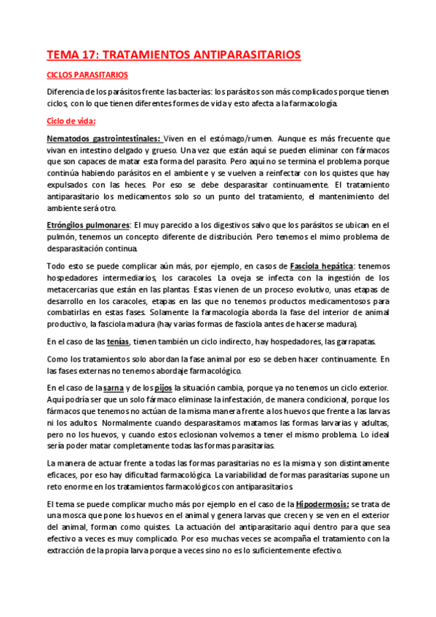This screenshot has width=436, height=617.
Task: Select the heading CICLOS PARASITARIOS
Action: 87,75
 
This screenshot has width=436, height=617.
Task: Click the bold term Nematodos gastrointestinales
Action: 103,138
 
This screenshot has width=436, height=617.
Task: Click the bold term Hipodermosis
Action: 322,503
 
